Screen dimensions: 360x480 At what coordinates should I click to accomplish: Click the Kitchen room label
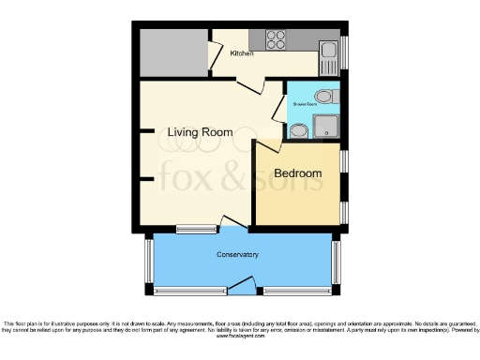242,54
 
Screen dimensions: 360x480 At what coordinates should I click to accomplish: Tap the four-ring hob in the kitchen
277,39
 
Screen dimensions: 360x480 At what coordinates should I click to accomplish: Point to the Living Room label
200,132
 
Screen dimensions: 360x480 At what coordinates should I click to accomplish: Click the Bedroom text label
298,174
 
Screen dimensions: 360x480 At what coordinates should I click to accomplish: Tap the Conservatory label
237,255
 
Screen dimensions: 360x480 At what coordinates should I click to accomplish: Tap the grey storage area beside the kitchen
172,49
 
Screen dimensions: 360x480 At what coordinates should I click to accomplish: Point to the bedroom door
268,146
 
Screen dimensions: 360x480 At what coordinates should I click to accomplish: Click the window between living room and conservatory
195,228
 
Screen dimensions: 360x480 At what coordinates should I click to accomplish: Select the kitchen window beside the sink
343,47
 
